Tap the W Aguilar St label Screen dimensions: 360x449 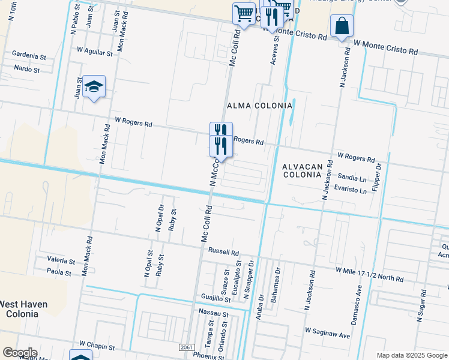point(95,53)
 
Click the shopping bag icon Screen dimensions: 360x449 point(342,26)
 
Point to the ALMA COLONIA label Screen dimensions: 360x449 point(259,105)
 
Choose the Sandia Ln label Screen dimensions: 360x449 point(352,179)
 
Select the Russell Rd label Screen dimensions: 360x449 point(224,252)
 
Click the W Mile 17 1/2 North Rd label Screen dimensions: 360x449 point(369,278)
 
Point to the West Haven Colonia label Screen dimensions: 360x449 point(23,309)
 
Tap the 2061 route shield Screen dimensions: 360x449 point(187,347)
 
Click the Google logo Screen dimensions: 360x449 point(19,353)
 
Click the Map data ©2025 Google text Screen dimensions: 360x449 point(411,355)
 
